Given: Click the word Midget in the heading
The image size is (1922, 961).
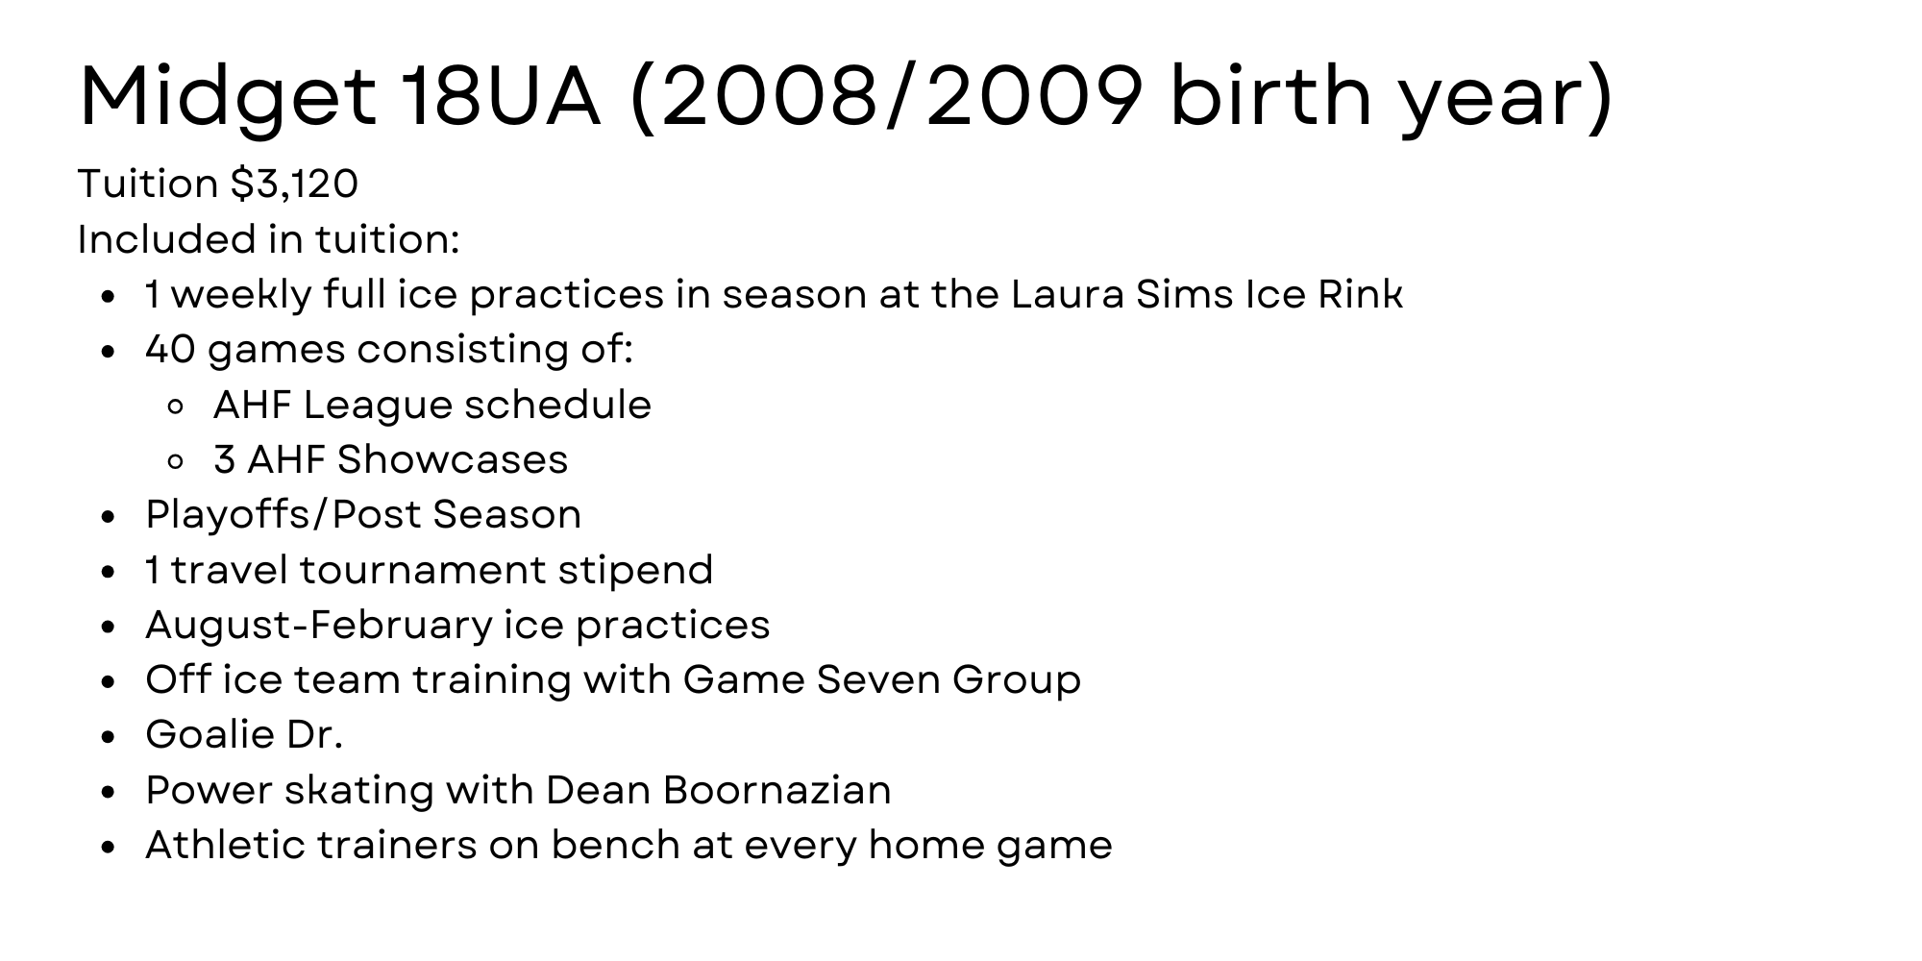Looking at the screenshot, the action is (228, 99).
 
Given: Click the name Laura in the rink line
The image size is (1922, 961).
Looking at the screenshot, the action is (1067, 294).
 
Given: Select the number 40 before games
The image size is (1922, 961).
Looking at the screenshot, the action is (170, 349).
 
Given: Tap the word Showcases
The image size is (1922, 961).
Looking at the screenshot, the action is (453, 459).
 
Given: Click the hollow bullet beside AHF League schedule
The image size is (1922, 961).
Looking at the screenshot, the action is (175, 407).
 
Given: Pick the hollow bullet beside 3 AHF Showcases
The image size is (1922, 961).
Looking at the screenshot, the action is (175, 461).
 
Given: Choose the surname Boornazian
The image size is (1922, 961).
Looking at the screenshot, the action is (776, 790).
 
